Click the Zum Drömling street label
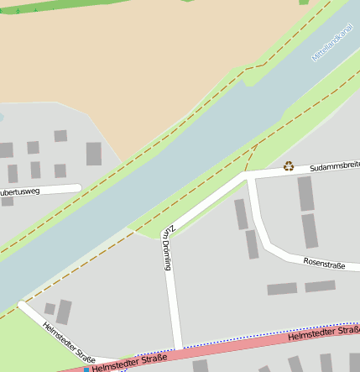pos(169,248)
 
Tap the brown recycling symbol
pos(289,166)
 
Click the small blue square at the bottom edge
pos(86,369)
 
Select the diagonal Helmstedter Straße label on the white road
pos(64,339)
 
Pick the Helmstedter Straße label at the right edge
pos(324,333)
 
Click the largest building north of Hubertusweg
pos(94,154)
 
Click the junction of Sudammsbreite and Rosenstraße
pos(249,178)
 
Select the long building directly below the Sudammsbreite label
pos(305,193)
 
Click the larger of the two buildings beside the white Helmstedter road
pos(64,312)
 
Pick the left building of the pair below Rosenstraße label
pos(282,289)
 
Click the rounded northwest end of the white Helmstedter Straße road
pos(22,306)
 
